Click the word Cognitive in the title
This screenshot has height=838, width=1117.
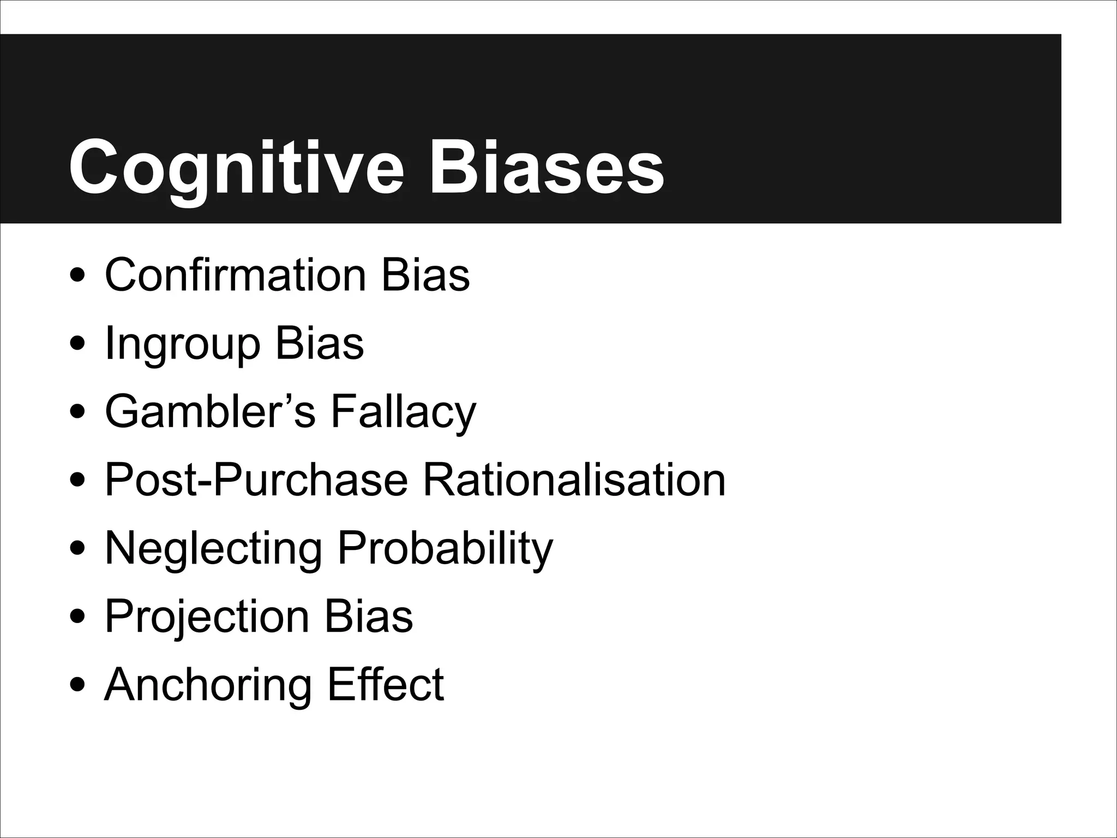pos(236,166)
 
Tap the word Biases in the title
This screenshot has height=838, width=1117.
pos(547,166)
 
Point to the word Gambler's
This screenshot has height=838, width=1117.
pos(210,412)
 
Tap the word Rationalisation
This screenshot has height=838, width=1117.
pos(574,480)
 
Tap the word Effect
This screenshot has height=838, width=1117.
pos(386,685)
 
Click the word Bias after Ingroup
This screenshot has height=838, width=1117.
pos(320,344)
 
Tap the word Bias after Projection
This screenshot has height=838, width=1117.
pos(369,616)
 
